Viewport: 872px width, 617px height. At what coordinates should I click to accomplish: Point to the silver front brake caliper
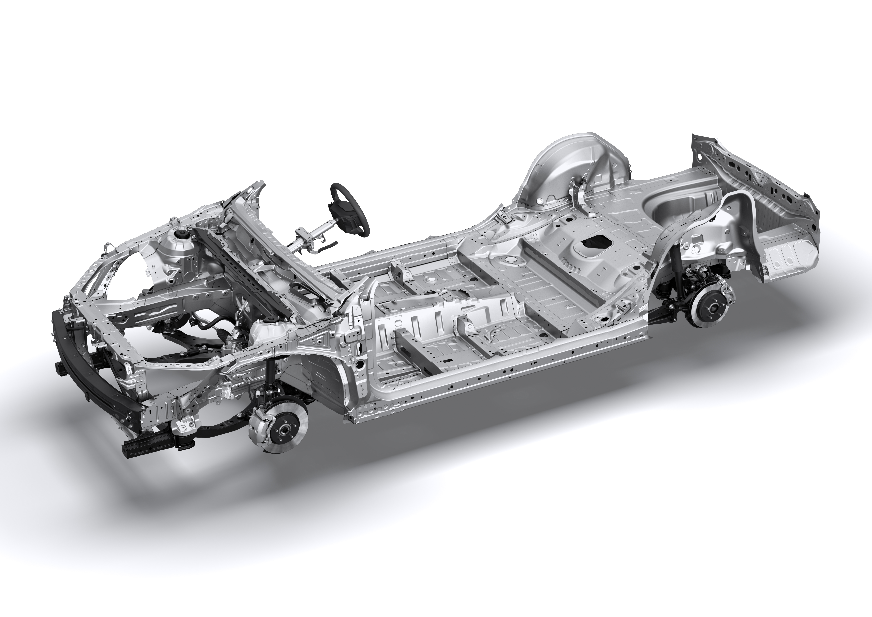[x=262, y=426]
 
